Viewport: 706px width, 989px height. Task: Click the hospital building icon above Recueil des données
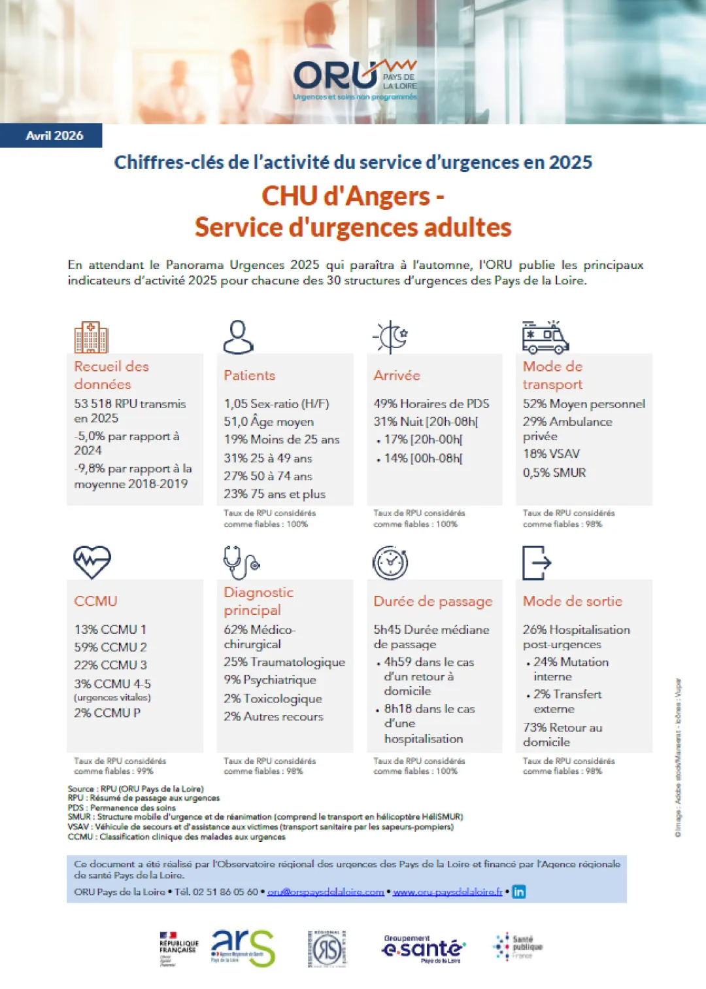[91, 337]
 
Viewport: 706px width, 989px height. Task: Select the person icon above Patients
[238, 337]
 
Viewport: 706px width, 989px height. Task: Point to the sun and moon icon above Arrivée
[391, 337]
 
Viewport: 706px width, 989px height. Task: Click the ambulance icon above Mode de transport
[545, 337]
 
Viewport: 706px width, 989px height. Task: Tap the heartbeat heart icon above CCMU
[92, 562]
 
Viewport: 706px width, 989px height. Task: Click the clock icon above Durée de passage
[390, 563]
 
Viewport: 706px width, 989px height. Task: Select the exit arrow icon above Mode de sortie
[537, 563]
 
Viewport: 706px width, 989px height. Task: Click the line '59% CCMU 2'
[110, 647]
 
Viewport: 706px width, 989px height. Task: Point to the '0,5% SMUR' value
[554, 472]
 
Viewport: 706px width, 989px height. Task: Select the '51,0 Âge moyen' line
[269, 422]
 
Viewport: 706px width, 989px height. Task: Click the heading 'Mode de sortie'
[573, 600]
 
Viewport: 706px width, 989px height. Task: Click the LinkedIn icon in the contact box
[518, 892]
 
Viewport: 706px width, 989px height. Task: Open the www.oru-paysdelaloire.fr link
[448, 892]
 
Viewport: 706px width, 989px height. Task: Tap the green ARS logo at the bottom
[243, 948]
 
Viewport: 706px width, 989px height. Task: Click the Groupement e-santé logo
[423, 948]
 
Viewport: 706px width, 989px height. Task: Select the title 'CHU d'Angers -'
[353, 196]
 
